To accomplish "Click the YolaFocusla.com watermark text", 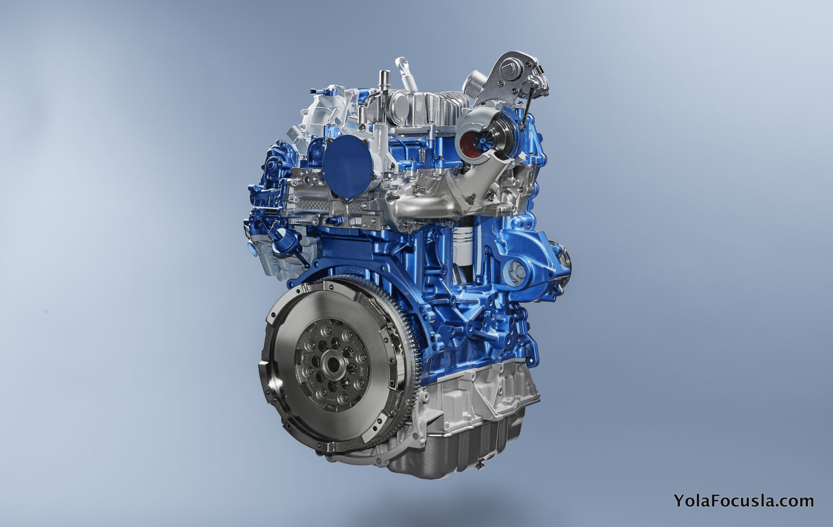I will point(743,500).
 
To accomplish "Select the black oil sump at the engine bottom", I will point(461,445).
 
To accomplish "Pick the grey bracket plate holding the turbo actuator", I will point(507,76).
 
